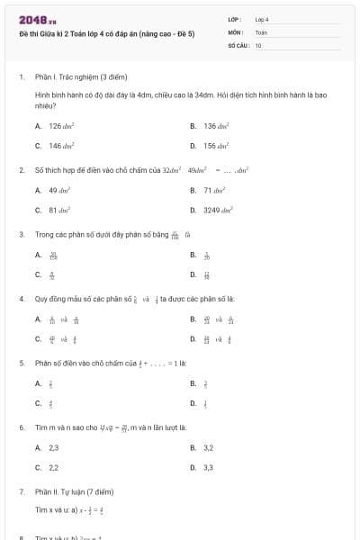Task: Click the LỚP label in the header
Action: coord(235,19)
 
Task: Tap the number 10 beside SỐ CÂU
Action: coord(258,44)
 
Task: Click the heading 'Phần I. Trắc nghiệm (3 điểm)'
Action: coord(76,78)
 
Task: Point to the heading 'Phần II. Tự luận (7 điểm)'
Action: coord(75,492)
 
